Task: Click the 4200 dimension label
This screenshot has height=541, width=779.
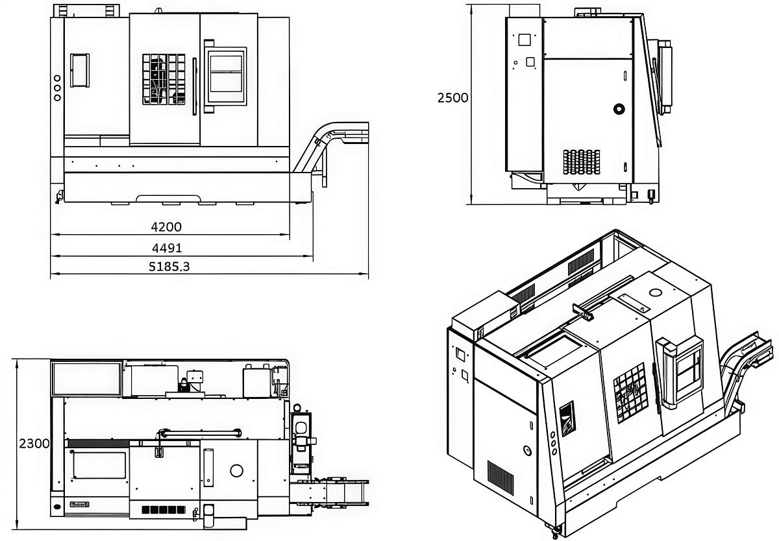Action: pos(166,227)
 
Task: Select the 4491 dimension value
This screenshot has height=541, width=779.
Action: pos(167,248)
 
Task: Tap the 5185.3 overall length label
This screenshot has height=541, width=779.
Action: pos(169,267)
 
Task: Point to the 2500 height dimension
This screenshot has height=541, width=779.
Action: pos(453,98)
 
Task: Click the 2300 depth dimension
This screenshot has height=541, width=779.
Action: pos(34,444)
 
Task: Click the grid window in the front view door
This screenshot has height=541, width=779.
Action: pos(164,79)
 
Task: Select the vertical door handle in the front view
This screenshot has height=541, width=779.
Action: pos(195,86)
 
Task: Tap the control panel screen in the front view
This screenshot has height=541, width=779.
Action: pos(226,74)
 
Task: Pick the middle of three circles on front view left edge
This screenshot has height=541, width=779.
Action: pos(57,88)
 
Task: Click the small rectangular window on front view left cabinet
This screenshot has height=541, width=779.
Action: pos(80,70)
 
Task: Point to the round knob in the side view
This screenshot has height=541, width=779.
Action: pos(619,109)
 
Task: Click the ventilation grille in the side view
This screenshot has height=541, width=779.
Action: pos(582,162)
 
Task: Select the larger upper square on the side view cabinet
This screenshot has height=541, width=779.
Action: pos(524,40)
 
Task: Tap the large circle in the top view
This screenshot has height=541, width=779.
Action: pos(236,471)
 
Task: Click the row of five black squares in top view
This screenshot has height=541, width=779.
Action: pos(164,510)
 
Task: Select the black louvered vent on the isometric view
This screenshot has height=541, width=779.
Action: pos(501,478)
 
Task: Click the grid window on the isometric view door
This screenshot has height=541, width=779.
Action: pos(630,393)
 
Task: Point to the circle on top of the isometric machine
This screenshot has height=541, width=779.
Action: pos(655,292)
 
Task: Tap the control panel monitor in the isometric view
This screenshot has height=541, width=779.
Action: pos(687,369)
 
